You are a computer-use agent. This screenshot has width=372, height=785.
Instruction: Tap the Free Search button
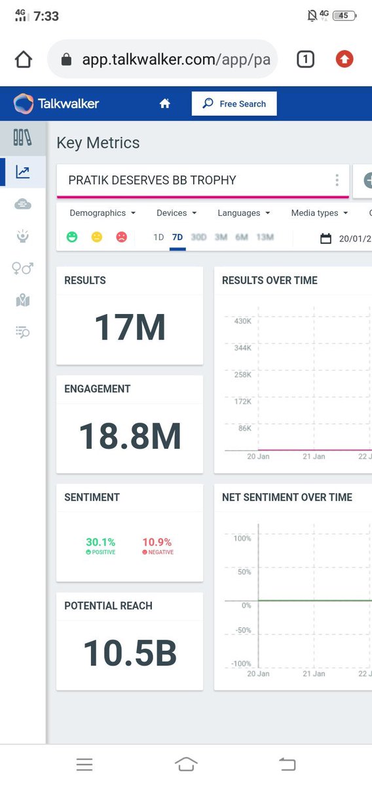point(234,103)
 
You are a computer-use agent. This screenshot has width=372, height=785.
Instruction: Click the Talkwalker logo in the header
point(56,103)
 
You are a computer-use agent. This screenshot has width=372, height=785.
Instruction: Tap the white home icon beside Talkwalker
point(165,103)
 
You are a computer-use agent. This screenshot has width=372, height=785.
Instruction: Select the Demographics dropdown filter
point(102,213)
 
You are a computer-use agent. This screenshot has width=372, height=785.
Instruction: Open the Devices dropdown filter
point(176,213)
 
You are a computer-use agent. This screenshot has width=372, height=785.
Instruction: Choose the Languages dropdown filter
point(244,213)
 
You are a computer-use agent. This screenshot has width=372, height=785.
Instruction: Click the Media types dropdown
point(320,213)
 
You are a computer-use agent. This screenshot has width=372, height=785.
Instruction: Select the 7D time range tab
point(177,237)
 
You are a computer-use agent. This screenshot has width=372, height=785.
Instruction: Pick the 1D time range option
point(158,237)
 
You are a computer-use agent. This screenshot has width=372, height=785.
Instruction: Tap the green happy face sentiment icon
point(72,237)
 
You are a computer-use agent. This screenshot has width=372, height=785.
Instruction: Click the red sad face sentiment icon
point(122,237)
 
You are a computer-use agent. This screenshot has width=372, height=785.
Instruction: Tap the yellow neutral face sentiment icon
point(97,237)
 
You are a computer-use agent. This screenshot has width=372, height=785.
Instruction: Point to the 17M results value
point(130,327)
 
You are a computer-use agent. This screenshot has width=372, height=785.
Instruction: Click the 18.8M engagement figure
point(130,436)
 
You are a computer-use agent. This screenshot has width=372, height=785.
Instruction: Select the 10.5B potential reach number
point(130,654)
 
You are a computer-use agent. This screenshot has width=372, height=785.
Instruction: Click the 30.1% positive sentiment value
point(100,542)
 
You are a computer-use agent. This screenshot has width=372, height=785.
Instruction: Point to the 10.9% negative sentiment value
point(157,542)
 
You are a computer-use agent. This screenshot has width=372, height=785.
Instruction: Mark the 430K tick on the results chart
point(242,321)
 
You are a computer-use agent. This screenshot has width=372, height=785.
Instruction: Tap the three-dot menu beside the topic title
point(337,181)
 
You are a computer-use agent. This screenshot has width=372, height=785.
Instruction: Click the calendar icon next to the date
point(325,239)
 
